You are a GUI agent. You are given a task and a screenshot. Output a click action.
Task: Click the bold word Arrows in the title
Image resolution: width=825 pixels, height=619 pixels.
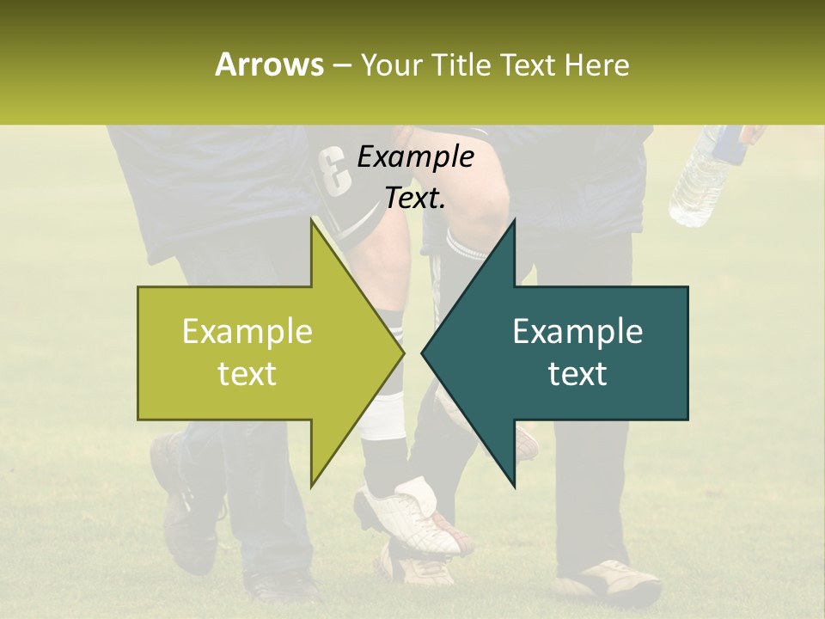coord(268,64)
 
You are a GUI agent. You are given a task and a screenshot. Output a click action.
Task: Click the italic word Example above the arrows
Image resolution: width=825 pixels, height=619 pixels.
coord(415,157)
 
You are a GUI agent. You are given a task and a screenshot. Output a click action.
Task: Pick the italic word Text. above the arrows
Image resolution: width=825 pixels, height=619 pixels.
coord(415,199)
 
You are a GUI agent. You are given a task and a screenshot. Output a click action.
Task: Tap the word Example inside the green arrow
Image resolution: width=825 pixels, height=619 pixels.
coord(247,332)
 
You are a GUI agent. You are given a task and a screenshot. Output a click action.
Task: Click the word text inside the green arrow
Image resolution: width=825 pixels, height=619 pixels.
coord(247,374)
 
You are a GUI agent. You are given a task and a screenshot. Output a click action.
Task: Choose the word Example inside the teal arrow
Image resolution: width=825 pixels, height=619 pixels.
coord(577,332)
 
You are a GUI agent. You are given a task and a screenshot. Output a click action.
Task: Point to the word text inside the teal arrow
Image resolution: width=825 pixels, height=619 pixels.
coord(577,374)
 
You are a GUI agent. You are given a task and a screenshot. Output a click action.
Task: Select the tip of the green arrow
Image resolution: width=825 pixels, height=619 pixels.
coord(401,352)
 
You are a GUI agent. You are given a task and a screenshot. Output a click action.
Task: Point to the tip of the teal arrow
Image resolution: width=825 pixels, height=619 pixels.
coord(424,352)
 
